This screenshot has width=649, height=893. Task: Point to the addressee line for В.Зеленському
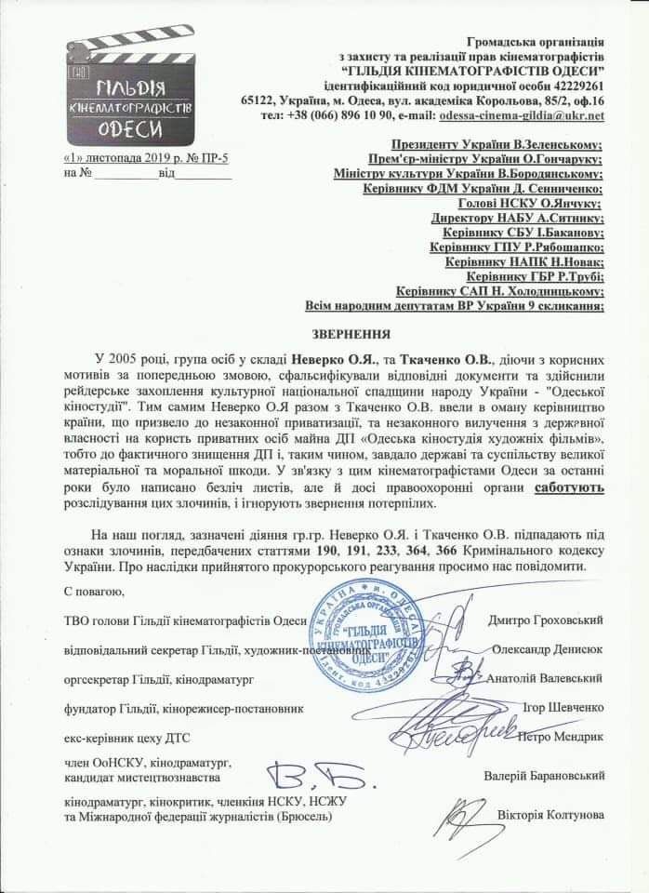point(497,145)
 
